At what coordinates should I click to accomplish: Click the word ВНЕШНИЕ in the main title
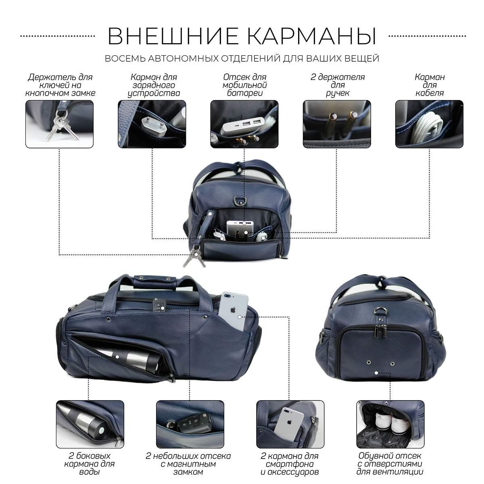click(173, 36)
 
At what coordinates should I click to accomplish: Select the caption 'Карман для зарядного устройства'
click(153, 85)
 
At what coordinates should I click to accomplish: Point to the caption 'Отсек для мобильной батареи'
click(245, 85)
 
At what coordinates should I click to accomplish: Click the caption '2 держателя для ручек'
click(337, 85)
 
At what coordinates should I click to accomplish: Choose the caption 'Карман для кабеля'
click(430, 85)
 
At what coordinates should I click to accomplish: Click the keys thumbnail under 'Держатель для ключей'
click(60, 124)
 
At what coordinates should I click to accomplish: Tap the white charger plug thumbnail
click(152, 124)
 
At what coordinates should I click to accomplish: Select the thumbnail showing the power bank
click(244, 124)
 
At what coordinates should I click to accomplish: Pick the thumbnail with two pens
click(337, 124)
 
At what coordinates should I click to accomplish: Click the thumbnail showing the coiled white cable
click(429, 124)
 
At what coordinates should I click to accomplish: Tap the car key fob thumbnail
click(190, 424)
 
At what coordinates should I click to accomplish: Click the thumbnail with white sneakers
click(390, 424)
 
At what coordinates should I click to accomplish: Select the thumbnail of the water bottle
click(90, 424)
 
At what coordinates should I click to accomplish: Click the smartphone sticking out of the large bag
click(233, 311)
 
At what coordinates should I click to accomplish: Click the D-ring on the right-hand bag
click(380, 311)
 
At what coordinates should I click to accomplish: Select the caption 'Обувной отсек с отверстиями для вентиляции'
click(390, 464)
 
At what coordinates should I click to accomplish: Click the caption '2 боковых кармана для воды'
click(90, 464)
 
